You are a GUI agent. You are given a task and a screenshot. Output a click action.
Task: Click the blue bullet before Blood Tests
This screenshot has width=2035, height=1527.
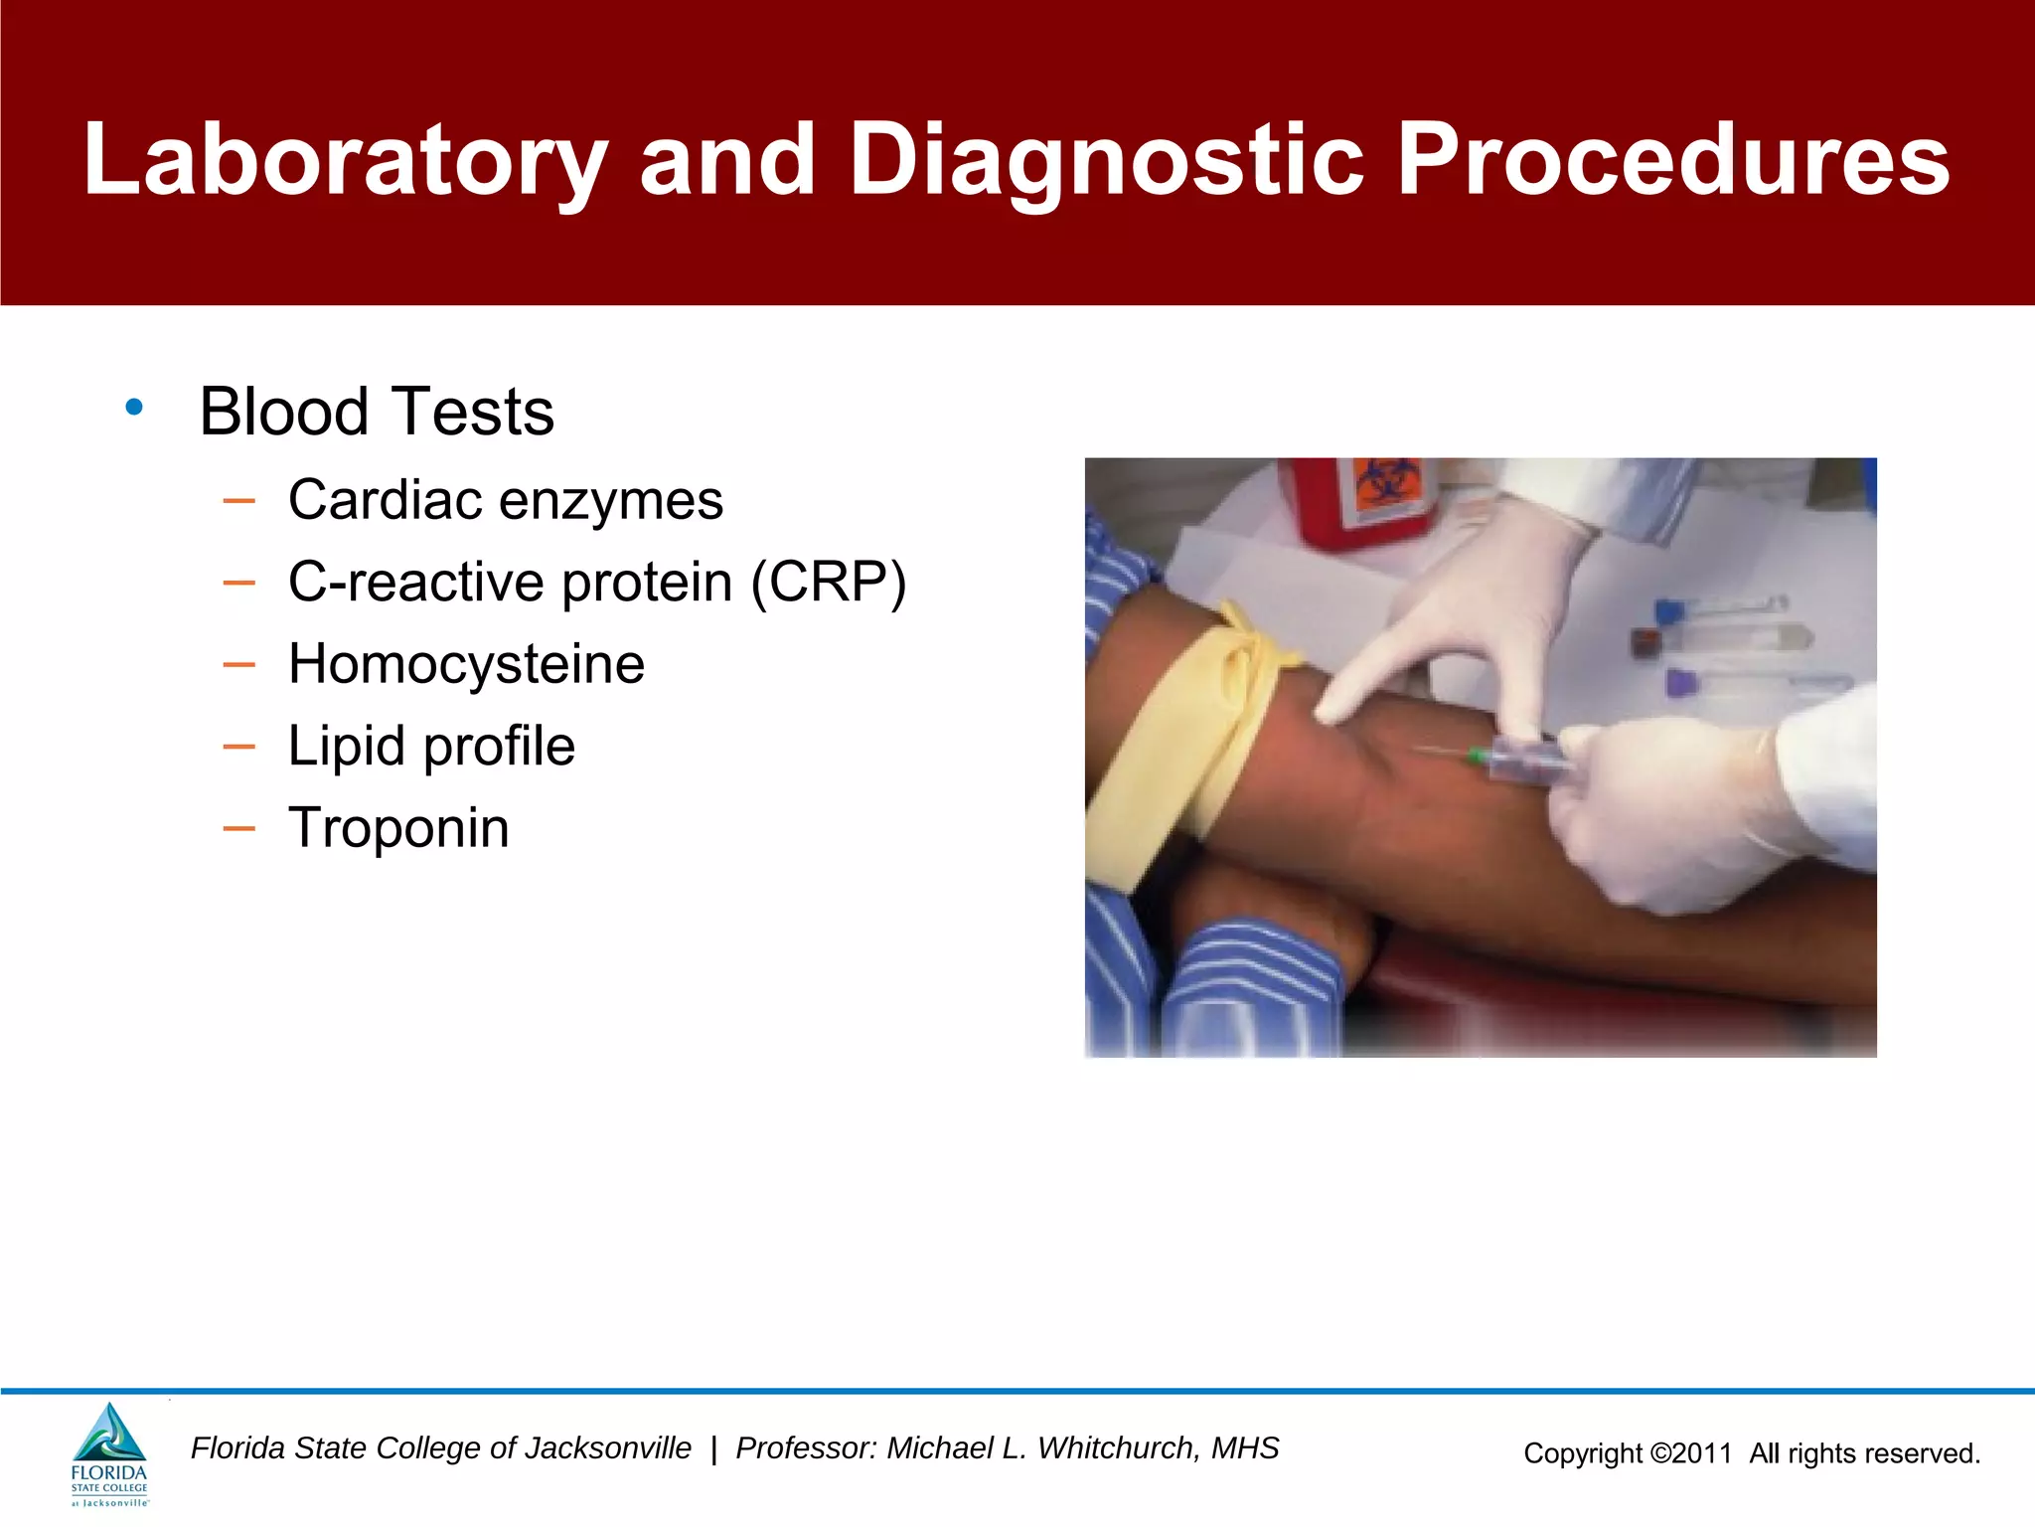(x=134, y=407)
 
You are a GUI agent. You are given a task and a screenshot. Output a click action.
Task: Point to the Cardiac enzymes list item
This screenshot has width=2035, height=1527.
(x=505, y=500)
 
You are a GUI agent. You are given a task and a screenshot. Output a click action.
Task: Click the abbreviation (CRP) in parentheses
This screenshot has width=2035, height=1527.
(x=829, y=583)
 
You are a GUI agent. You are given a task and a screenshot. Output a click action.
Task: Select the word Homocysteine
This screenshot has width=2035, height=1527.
(x=466, y=664)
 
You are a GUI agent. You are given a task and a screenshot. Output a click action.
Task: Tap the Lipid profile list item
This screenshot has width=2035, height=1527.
(x=431, y=747)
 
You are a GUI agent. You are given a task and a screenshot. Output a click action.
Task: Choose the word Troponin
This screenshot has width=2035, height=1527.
(x=398, y=828)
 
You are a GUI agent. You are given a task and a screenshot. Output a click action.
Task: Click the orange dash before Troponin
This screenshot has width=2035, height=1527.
(x=239, y=828)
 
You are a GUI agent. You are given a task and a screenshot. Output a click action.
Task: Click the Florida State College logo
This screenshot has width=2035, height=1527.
(x=109, y=1454)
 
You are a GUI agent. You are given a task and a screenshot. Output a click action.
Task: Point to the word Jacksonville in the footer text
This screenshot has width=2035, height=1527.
(x=607, y=1448)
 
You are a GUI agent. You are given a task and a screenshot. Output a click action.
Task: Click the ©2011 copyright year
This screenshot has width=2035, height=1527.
(x=1691, y=1453)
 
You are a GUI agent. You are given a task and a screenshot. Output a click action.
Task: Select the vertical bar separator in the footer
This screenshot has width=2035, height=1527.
(x=713, y=1449)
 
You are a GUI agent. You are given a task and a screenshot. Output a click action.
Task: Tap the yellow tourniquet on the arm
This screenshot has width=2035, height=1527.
(x=1182, y=736)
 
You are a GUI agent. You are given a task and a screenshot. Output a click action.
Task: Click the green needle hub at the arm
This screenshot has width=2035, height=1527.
(x=1480, y=758)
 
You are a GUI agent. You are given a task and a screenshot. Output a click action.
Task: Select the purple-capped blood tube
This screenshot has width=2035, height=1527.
(x=1682, y=684)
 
